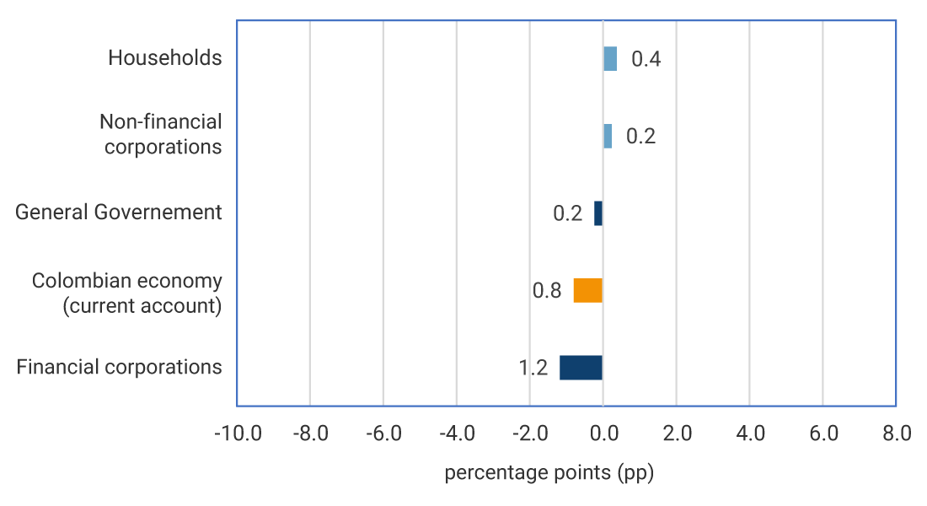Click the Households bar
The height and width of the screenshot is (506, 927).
[x=610, y=59]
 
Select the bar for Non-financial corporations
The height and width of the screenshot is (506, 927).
[x=608, y=136]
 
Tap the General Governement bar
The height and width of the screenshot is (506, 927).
[x=598, y=213]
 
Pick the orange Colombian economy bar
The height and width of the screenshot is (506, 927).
[x=588, y=290]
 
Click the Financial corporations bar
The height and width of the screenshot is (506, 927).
[x=581, y=368]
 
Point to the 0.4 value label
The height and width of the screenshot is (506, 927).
[x=646, y=60]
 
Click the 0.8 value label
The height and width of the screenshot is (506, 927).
[x=547, y=291]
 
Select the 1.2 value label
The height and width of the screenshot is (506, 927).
[x=533, y=369]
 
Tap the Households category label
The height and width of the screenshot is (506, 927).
[x=165, y=58]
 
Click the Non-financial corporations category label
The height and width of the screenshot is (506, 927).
[x=161, y=134]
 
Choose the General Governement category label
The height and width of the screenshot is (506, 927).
[x=119, y=213]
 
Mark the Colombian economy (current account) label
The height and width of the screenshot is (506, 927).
[x=127, y=293]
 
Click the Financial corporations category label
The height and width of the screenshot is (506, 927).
[x=120, y=368]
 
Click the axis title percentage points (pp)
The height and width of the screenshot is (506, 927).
[x=549, y=473]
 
